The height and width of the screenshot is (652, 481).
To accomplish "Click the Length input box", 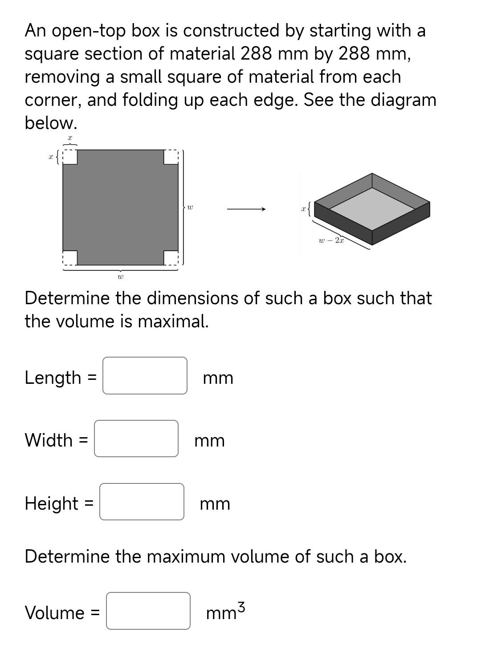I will coord(145,376).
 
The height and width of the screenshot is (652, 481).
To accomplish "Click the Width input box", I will coord(136,439).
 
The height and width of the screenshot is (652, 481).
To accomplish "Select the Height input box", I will coord(142,502).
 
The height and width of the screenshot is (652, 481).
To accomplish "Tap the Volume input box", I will coord(148,611).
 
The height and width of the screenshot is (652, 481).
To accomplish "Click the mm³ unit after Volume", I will coord(225,612).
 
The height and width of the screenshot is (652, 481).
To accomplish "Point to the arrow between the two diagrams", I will coord(246,209).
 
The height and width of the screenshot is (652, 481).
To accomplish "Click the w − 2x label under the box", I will coord(331,241).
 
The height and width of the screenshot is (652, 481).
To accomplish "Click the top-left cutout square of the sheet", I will coord(70,157).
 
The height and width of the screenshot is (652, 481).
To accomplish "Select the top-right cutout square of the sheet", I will coord(171,157).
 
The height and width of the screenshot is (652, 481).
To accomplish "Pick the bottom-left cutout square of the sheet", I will coord(70,258).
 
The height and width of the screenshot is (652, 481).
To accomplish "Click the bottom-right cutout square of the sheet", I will coord(171,258).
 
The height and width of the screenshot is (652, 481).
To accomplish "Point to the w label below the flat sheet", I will coord(120,277).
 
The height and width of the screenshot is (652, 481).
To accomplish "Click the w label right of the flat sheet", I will coord(190,207).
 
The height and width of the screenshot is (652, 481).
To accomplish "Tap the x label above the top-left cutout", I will coord(70,138).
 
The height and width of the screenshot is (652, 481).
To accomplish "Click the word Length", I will coord(53,378).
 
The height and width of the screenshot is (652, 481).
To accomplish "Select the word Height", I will coord(52,503).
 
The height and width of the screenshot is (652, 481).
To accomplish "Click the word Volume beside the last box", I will coord(54,612).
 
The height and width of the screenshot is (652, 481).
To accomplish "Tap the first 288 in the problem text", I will coord(257,54).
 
